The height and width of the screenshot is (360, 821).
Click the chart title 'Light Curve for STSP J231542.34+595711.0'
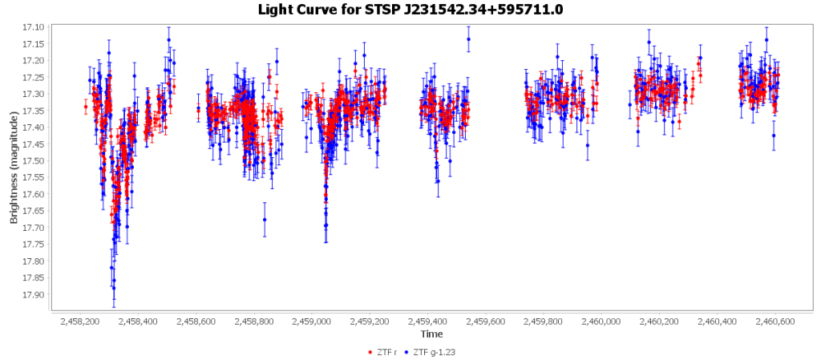[410, 10]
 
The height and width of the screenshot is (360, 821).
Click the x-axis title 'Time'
[431, 334]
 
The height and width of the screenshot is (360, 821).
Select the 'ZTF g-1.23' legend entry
[434, 352]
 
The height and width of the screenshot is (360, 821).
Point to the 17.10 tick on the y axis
[34, 27]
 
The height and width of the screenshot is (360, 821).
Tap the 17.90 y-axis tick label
[34, 294]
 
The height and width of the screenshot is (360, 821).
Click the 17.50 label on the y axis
[34, 160]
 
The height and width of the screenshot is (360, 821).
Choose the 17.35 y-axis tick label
[34, 111]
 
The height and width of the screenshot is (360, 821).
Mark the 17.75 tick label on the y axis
[34, 244]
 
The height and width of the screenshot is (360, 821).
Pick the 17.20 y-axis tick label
[34, 60]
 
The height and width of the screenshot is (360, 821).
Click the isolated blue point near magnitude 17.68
[265, 220]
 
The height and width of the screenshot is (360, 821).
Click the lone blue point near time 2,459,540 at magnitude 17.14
[468, 39]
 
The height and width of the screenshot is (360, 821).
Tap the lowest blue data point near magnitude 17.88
[114, 288]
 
